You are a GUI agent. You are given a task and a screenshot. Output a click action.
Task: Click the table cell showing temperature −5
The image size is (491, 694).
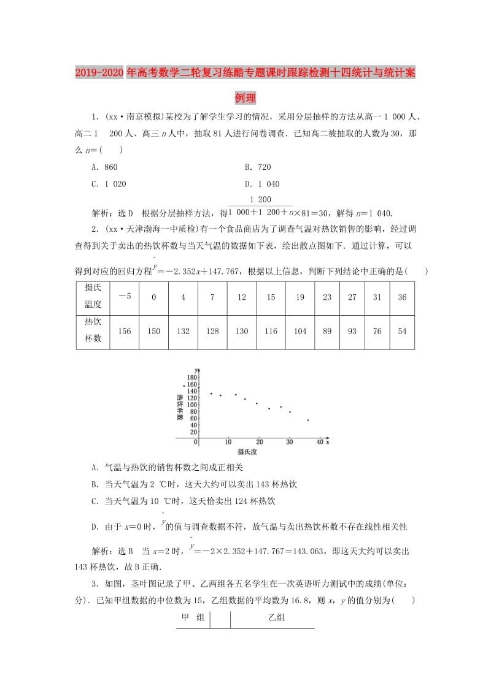tap(125, 297)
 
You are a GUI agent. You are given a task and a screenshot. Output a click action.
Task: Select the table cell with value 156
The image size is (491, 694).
tap(125, 331)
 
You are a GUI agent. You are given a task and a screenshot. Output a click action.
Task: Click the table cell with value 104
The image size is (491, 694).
tap(300, 331)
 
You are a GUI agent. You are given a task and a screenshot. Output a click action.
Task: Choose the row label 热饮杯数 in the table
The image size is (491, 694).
tap(93, 331)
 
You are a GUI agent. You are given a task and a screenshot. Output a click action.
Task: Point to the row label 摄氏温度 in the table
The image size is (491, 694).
tap(93, 297)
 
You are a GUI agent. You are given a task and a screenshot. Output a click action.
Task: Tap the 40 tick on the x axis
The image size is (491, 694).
tap(319, 442)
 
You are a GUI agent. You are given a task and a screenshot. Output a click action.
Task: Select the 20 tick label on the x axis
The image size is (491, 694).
tap(259, 442)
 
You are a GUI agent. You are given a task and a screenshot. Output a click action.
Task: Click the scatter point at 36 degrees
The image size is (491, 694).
tap(307, 420)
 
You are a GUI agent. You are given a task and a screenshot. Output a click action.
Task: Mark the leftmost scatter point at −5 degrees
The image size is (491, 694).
tap(184, 386)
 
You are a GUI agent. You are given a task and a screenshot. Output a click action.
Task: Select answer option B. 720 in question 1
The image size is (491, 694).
tap(257, 167)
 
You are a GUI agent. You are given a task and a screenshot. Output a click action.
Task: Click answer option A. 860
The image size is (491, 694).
tap(104, 167)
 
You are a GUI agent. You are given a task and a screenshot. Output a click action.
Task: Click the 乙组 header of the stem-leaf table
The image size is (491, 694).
tap(277, 618)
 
